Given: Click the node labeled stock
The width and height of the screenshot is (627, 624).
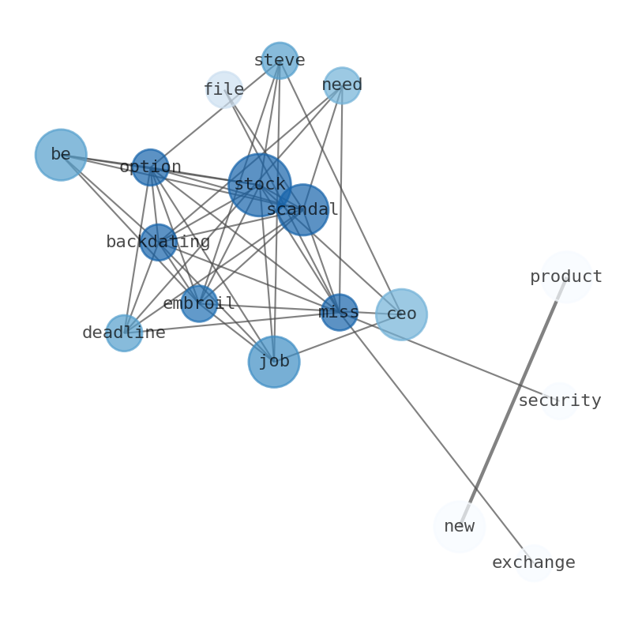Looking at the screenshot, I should coord(260,185).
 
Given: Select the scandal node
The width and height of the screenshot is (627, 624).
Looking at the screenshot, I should coord(302,209).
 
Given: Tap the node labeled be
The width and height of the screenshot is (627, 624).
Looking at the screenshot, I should coord(61,155).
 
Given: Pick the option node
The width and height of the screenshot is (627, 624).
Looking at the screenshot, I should coord(150,167).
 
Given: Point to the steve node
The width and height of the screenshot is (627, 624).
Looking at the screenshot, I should coord(280,61).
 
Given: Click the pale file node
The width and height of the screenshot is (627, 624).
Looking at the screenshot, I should coord(224,90).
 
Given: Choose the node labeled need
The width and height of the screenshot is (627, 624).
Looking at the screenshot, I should coord(342,85).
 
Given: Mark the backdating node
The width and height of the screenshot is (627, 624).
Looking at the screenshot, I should coord(158,242).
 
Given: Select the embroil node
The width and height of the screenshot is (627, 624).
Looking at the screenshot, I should coord(199,303).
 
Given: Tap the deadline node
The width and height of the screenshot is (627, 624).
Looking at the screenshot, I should coord(124,333).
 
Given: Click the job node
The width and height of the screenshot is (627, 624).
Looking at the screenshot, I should coord(274,362).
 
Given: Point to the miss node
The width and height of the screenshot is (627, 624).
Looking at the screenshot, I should coord(340,312).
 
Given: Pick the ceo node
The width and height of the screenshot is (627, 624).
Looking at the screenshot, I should coord(401,314).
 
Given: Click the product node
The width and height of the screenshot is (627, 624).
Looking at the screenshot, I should coord(566,277).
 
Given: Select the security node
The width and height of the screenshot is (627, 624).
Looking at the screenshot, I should coord(559,401).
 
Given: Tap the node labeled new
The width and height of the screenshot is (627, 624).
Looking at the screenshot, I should coord(459,527).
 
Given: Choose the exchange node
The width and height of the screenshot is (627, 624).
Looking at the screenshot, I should coord(534,563).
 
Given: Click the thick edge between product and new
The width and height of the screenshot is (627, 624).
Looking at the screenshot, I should coord(512,402).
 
